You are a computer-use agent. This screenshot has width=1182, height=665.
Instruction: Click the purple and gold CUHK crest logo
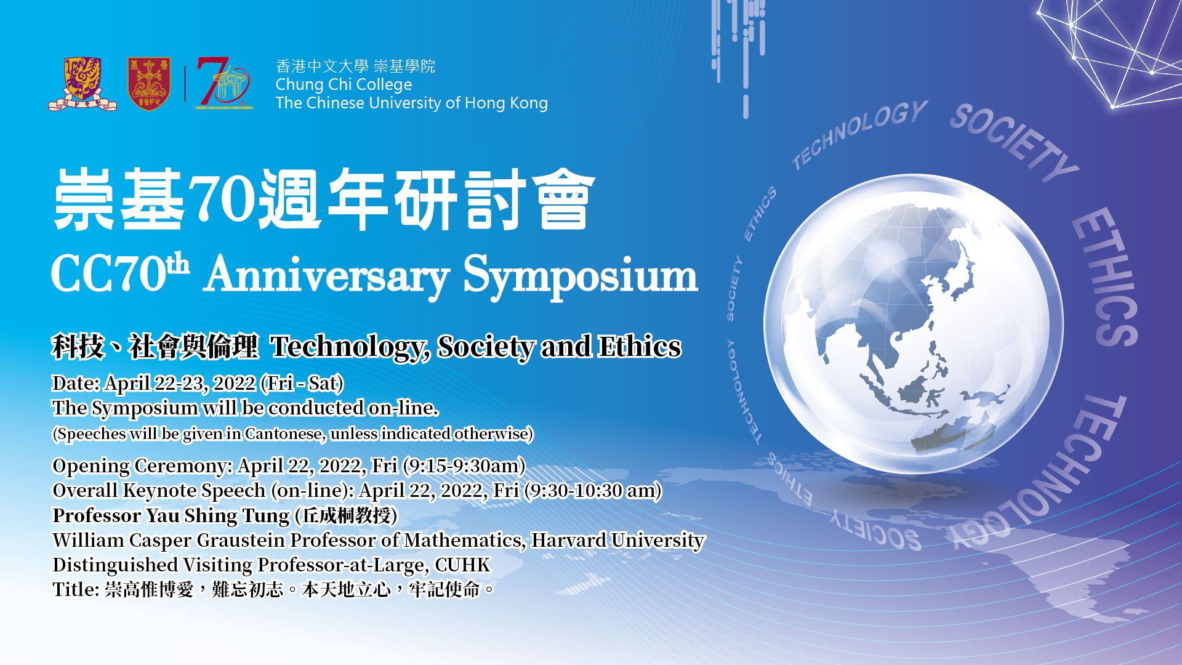pyautogui.click(x=82, y=84)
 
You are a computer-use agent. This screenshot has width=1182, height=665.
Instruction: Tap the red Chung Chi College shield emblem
pyautogui.click(x=149, y=84)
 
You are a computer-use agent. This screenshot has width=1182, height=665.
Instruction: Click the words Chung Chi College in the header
pyautogui.click(x=344, y=84)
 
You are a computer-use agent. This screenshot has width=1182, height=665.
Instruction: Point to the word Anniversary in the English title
pyautogui.click(x=327, y=275)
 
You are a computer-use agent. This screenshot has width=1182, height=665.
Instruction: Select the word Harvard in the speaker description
pyautogui.click(x=569, y=540)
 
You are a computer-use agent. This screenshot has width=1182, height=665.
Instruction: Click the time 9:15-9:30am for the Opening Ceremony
pyautogui.click(x=464, y=466)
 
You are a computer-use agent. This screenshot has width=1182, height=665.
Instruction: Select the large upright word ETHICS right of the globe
pyautogui.click(x=1106, y=276)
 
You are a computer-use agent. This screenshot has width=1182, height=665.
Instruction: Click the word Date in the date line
pyautogui.click(x=74, y=383)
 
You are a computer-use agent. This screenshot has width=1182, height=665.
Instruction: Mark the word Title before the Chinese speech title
pyautogui.click(x=75, y=589)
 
